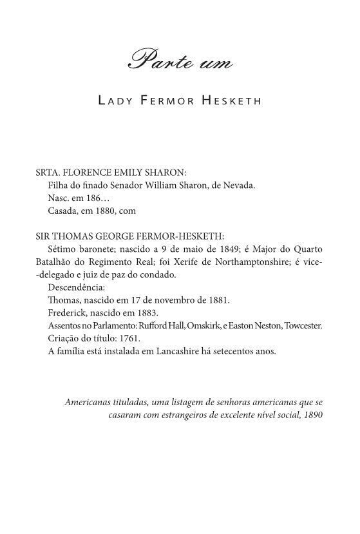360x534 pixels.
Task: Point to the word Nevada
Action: coord(239,186)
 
